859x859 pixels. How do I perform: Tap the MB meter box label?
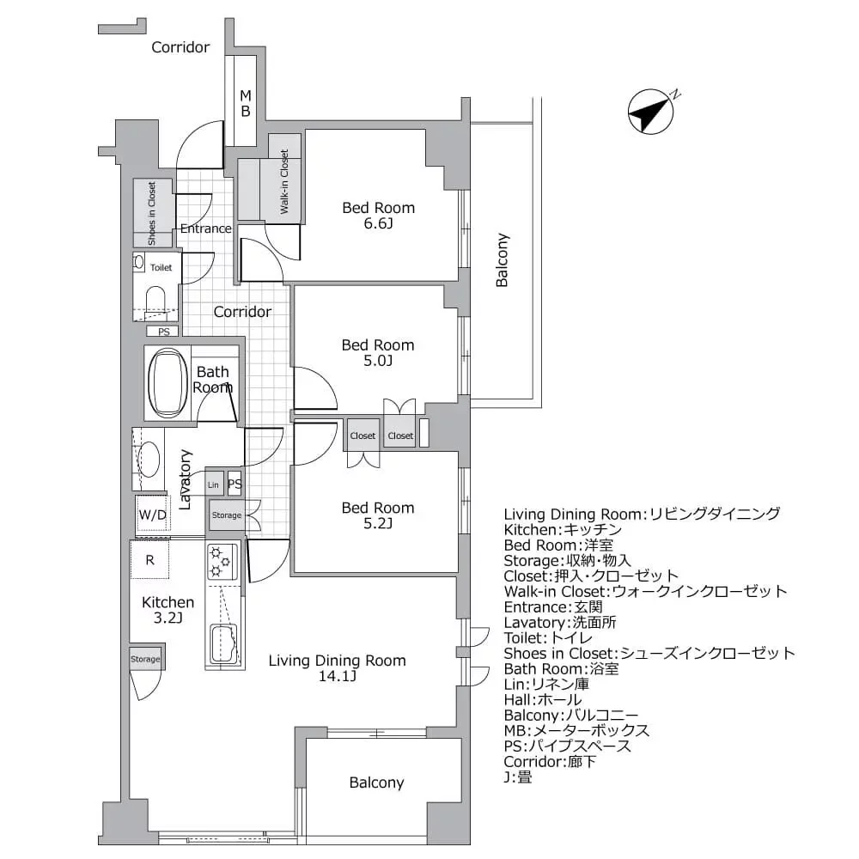pos(245,103)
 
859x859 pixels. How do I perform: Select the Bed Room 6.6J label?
pos(378,216)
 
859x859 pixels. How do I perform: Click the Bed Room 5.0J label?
pos(378,353)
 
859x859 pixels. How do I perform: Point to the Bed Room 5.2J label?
pos(378,515)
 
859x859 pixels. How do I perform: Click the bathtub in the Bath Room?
pos(168,383)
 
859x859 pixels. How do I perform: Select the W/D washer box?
pos(153,515)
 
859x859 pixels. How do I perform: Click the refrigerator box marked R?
pos(149,560)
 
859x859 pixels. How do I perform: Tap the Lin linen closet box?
pos(214,485)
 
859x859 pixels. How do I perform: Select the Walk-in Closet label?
pos(284,183)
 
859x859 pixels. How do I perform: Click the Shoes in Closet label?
pos(151,213)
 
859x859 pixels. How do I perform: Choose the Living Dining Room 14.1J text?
pos(337,668)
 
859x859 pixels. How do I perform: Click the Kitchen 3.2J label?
pos(168,610)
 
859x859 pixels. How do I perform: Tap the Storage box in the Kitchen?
pos(145,659)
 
